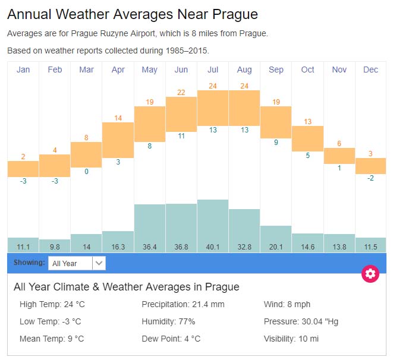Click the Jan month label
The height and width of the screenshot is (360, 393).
23,70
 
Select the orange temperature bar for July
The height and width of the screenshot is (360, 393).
213,108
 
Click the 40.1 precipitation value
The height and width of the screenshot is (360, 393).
213,246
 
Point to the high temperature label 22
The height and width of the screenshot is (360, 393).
181,92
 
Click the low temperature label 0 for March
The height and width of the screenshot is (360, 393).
86,172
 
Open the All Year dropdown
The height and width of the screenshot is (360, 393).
77,263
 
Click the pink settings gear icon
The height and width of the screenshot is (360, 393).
370,273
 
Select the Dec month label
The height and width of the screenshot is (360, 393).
370,70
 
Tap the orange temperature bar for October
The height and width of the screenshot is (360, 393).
307,138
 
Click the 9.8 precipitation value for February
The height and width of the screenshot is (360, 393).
55,246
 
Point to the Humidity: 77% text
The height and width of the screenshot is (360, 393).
168,321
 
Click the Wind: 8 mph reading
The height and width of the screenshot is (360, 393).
287,304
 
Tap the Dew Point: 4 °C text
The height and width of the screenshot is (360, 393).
171,339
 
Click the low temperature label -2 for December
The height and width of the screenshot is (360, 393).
370,178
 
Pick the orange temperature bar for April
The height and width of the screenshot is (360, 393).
118,140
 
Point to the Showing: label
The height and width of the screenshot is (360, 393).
29,262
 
